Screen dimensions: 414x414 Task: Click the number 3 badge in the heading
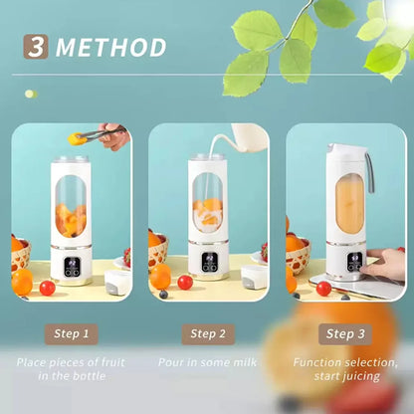coord(36,47)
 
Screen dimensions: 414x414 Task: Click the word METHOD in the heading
coord(110,47)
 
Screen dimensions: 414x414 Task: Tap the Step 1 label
coord(72,334)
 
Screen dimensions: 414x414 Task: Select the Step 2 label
coord(208,334)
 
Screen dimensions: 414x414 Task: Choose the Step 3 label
coord(345,334)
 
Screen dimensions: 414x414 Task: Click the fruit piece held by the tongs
coord(75,138)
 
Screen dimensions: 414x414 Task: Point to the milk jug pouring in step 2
coord(250,137)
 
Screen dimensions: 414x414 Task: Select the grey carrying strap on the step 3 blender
coord(370,172)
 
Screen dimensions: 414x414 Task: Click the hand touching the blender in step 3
coord(385,264)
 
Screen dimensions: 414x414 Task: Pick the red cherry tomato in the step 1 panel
coord(48,288)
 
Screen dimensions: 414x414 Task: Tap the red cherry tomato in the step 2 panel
coord(185,283)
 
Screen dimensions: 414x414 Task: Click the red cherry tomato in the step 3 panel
coord(323,289)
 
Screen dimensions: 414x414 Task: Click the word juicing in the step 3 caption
coord(361,377)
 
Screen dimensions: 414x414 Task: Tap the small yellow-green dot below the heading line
coord(31,94)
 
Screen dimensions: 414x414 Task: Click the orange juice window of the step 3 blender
coord(349,203)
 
